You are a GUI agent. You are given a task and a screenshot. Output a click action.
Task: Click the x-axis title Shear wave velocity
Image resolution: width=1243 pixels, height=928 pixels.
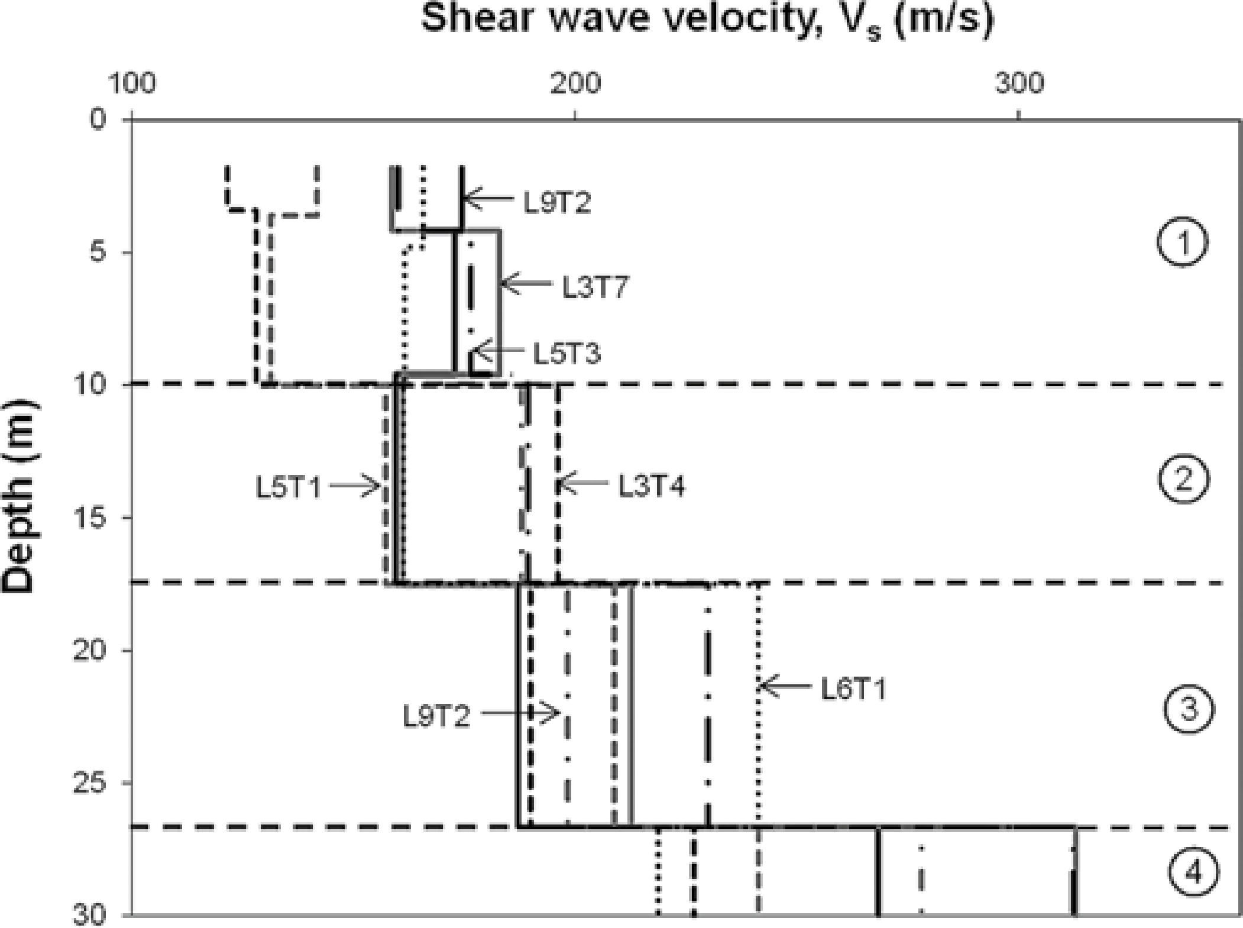(x=707, y=20)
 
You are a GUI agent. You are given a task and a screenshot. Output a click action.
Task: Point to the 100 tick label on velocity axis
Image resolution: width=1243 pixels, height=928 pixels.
(x=132, y=84)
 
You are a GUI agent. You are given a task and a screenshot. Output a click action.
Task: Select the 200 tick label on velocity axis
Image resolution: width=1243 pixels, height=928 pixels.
(x=575, y=84)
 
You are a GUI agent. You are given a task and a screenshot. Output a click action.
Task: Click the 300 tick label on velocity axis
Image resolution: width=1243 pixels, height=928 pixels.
(x=1018, y=84)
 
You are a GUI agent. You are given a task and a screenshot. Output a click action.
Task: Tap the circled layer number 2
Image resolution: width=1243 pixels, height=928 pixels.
(x=1183, y=478)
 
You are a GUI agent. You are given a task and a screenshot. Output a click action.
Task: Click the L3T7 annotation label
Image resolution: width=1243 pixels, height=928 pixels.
(x=595, y=288)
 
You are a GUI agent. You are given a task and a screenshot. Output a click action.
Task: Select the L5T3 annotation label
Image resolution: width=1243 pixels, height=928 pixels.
(x=567, y=354)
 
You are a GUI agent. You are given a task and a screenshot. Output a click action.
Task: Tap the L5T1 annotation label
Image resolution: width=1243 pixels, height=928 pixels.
(x=288, y=488)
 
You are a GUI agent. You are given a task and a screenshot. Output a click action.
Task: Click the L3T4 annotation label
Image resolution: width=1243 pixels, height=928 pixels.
(x=652, y=487)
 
